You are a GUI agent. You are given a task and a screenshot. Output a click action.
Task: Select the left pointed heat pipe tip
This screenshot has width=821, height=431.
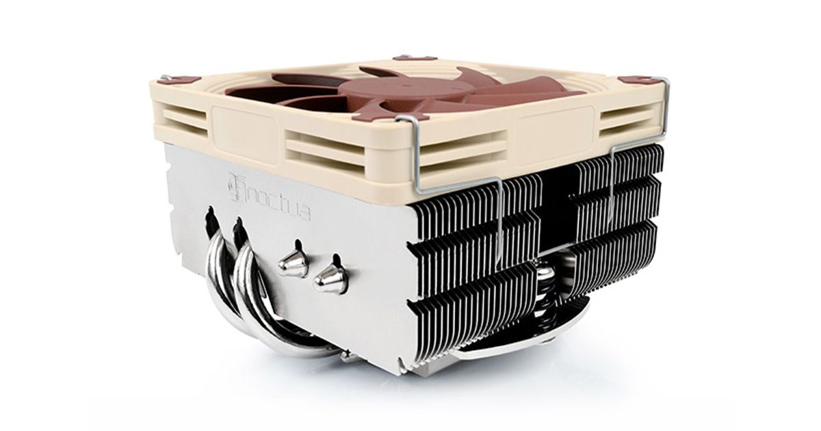pos(294,263)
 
